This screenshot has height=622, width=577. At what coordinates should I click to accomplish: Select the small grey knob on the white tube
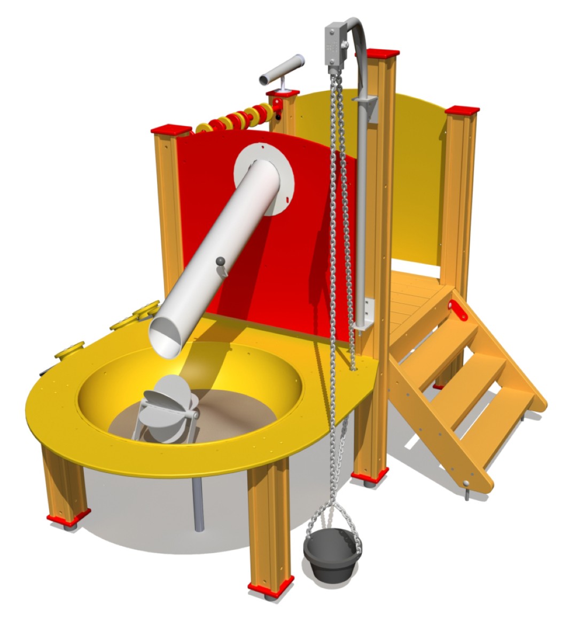point(220,261)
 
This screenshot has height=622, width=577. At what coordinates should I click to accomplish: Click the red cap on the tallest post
point(383,53)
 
